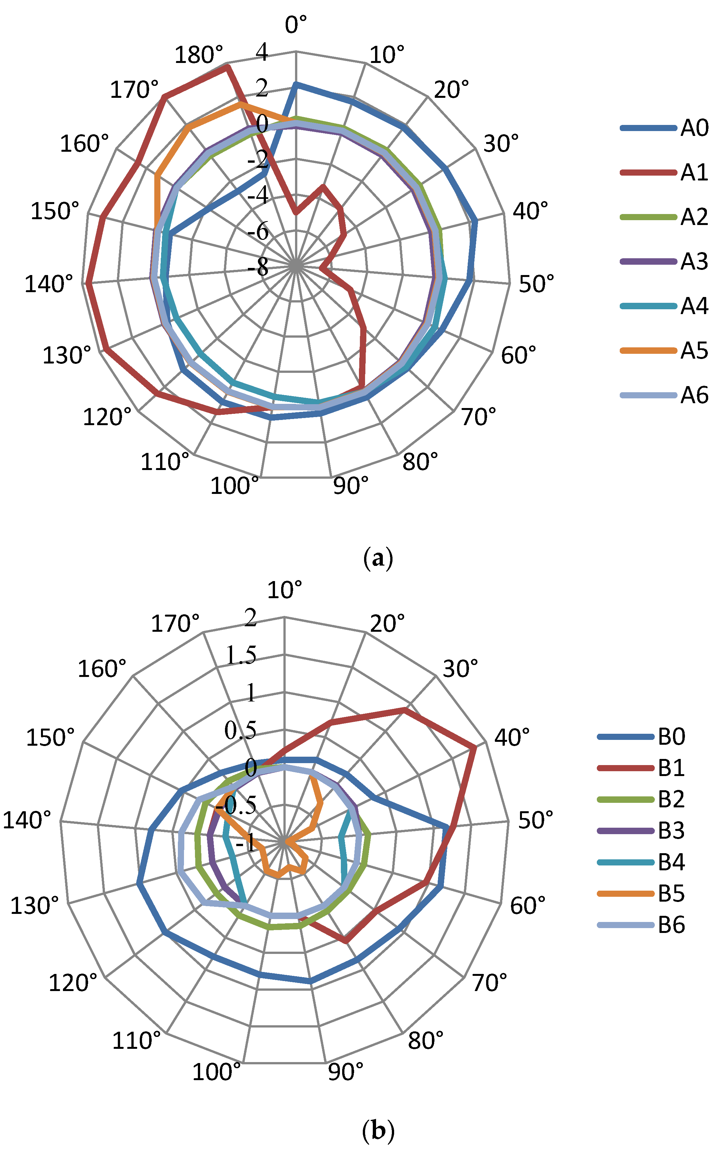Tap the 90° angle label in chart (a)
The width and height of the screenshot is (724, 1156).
click(351, 486)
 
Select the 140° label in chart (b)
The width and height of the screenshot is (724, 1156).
click(27, 820)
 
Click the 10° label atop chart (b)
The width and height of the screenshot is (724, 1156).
click(285, 590)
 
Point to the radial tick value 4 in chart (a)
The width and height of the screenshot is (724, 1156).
click(262, 52)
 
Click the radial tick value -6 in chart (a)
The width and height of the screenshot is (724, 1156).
click(259, 232)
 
